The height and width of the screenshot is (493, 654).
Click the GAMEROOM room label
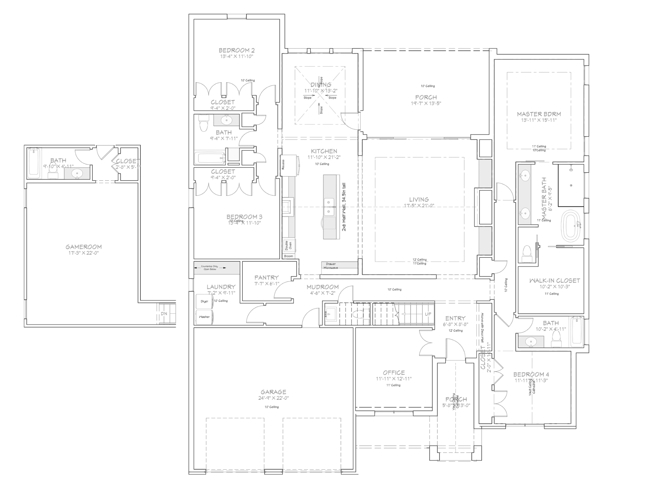pos(83,247)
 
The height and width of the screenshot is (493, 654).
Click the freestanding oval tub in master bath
pos(571,226)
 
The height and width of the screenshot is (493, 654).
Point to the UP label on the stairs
pos(428,314)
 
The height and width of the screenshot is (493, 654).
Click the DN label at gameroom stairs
pos(164,314)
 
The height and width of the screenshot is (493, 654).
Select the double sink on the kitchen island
pos(329,207)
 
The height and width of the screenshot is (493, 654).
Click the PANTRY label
pos(266,278)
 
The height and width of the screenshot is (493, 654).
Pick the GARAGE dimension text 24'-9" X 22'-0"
pos(273,398)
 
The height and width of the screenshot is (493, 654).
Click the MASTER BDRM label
pos(539,114)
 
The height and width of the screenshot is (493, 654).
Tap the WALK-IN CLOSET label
pos(554,280)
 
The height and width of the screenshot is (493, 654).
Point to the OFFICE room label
pos(394,373)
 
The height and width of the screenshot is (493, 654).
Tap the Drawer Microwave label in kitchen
pos(331,266)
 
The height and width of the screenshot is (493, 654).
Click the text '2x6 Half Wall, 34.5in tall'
pos(344,207)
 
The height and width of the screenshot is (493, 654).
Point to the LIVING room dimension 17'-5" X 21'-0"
pos(419,206)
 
